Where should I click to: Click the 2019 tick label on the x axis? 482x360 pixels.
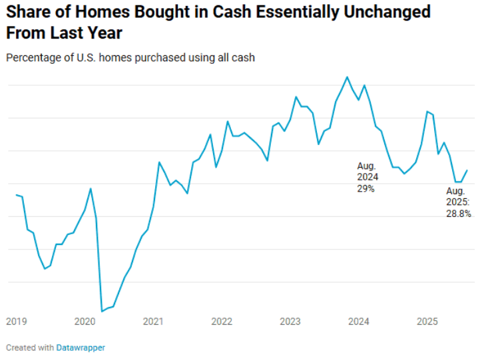pos(16,322)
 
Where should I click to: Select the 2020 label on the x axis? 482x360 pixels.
pos(85,322)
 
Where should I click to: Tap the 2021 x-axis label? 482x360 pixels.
pos(153,322)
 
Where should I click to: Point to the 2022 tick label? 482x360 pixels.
pos(222,322)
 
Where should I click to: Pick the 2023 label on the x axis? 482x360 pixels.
pos(290,322)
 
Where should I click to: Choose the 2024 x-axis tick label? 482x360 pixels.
pos(359,322)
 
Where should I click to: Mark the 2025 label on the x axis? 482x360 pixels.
pos(427,322)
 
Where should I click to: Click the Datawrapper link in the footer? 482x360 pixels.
pos(80,347)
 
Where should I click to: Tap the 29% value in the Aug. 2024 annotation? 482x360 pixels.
pos(366,188)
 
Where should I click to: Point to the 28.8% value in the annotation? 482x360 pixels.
pos(458,214)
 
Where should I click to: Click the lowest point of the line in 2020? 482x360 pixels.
pos(102,311)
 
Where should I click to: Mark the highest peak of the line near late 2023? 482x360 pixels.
pos(347,77)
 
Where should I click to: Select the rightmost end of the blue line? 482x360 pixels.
pos(467,170)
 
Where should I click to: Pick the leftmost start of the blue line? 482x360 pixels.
pos(17,195)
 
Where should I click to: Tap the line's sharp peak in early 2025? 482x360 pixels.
pos(427,112)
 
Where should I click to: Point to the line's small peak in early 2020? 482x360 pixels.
pos(91,189)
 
